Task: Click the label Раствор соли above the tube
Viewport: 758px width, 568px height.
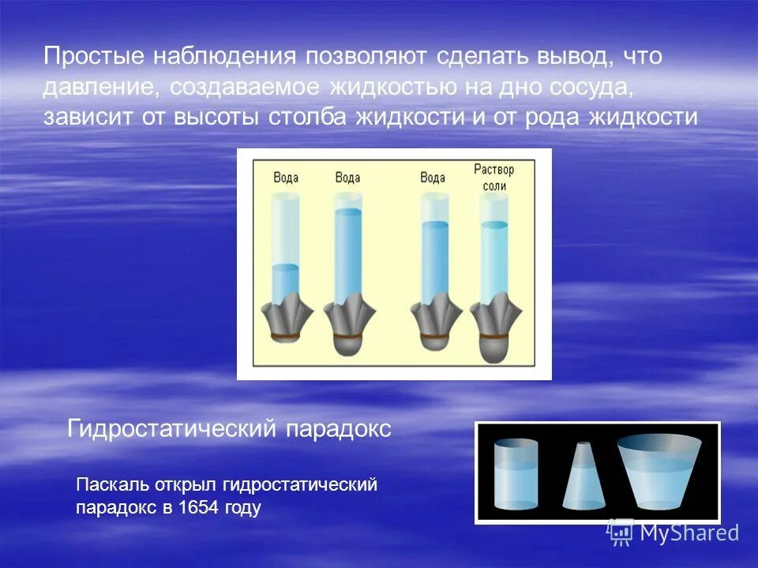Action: pyautogui.click(x=494, y=177)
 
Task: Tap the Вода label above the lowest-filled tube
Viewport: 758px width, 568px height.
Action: pyautogui.click(x=286, y=177)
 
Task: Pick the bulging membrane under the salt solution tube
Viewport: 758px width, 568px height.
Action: pyautogui.click(x=494, y=346)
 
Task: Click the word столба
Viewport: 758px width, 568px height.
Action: pyautogui.click(x=308, y=117)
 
